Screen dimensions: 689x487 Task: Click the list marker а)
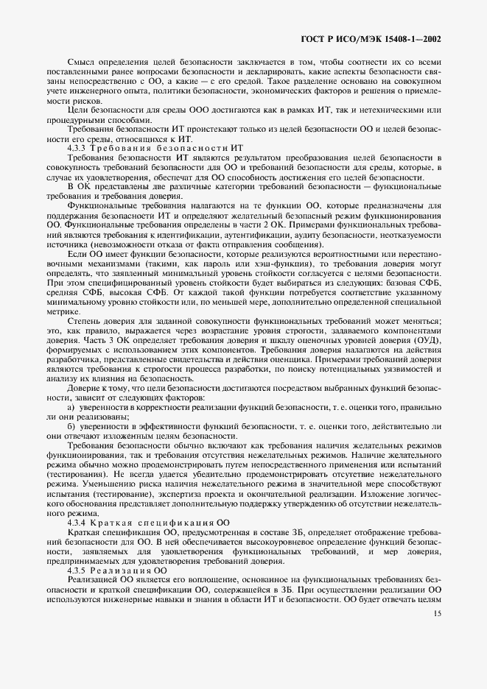(x=71, y=407)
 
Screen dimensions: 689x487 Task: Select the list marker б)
(x=71, y=426)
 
